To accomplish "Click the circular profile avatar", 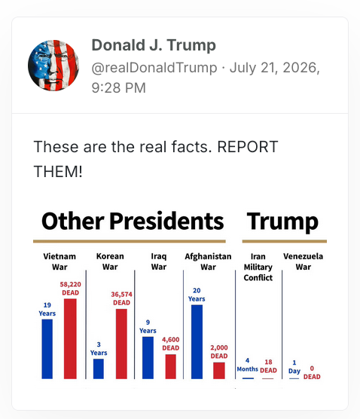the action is pyautogui.click(x=53, y=66).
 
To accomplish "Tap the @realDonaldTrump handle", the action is pyautogui.click(x=154, y=68).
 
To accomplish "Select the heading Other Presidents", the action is pyautogui.click(x=133, y=221).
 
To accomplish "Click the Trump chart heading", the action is pyautogui.click(x=282, y=222).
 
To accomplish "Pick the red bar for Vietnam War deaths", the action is pyautogui.click(x=70, y=338).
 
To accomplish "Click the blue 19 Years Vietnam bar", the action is pyautogui.click(x=47, y=349).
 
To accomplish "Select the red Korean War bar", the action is pyautogui.click(x=121, y=344).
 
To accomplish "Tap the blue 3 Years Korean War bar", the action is pyautogui.click(x=98, y=369).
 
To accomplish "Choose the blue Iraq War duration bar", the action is pyautogui.click(x=148, y=358).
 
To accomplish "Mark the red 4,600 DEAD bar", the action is pyautogui.click(x=171, y=366).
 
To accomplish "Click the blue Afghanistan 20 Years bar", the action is pyautogui.click(x=197, y=342).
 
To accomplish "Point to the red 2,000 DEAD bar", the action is pyautogui.click(x=219, y=371).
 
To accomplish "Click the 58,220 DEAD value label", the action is pyautogui.click(x=70, y=289).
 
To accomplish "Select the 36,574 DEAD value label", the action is pyautogui.click(x=121, y=298).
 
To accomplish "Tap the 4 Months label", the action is pyautogui.click(x=248, y=365).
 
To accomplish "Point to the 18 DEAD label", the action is pyautogui.click(x=268, y=366).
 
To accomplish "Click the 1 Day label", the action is pyautogui.click(x=294, y=367).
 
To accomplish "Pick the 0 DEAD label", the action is pyautogui.click(x=312, y=372).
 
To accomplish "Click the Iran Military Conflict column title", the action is pyautogui.click(x=258, y=267).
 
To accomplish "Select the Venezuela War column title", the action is pyautogui.click(x=303, y=261).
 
